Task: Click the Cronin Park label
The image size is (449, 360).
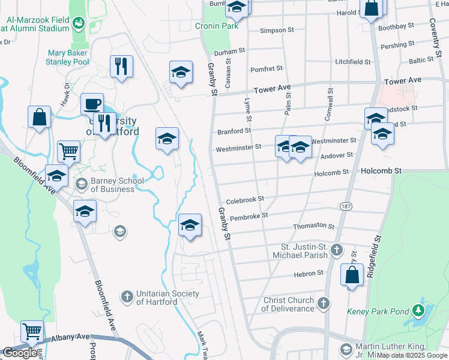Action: click(217, 26)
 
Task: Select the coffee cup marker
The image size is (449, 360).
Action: click(92, 104)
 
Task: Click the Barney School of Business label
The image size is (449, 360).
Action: click(112, 185)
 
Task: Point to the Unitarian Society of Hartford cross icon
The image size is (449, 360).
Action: click(127, 296)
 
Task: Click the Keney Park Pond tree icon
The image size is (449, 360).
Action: click(419, 311)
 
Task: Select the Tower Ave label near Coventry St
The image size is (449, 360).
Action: click(403, 80)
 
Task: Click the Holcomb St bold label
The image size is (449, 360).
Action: click(381, 171)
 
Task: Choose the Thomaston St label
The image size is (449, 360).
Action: click(313, 226)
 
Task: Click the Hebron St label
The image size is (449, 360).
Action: click(309, 273)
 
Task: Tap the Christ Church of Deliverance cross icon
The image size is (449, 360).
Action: click(324, 303)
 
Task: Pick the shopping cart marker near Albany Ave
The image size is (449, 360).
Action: click(32, 331)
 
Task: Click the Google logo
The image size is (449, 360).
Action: click(20, 353)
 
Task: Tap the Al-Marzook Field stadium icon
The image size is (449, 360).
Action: click(78, 23)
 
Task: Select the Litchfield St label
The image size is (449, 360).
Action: click(353, 62)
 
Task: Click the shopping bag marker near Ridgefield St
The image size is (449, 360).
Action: click(352, 275)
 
